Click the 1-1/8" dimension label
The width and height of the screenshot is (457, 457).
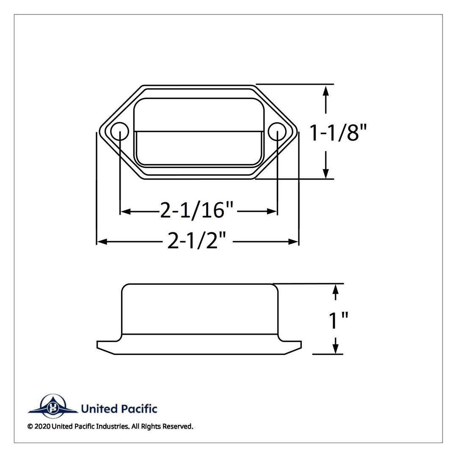[338, 133]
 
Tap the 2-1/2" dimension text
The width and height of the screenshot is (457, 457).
[197, 241]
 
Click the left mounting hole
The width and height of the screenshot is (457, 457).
[120, 132]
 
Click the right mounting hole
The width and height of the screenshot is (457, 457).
[277, 132]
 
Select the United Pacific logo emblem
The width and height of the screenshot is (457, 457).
[53, 406]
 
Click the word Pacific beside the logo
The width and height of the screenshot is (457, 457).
[139, 409]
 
